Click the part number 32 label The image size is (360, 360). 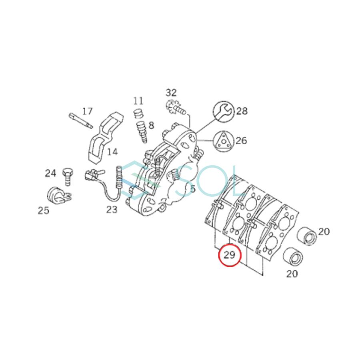[x=171, y=93]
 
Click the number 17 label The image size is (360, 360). [x=87, y=111]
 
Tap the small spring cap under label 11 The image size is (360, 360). [x=138, y=113]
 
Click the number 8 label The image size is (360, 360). [x=151, y=125]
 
